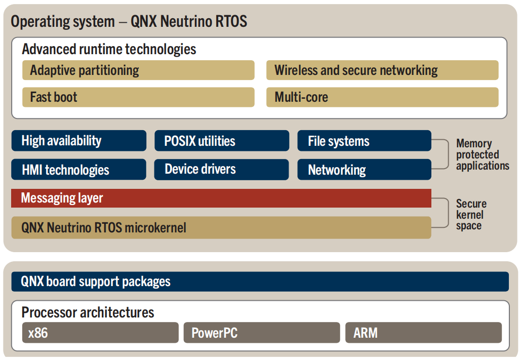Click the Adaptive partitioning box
click(138, 70)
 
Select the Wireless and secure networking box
click(382, 70)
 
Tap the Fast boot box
click(138, 97)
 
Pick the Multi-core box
click(382, 97)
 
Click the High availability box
click(79, 141)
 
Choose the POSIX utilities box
click(222, 141)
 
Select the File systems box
click(365, 141)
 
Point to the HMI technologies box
click(79, 170)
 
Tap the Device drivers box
click(222, 170)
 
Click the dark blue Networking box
click(365, 170)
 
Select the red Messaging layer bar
click(221, 198)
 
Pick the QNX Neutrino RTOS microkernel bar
click(221, 228)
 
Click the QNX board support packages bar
click(260, 282)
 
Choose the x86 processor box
click(100, 333)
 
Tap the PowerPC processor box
click(262, 333)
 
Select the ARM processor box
click(424, 333)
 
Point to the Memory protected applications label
click(483, 154)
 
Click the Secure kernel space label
click(471, 214)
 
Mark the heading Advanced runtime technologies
click(109, 49)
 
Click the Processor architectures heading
click(88, 312)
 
